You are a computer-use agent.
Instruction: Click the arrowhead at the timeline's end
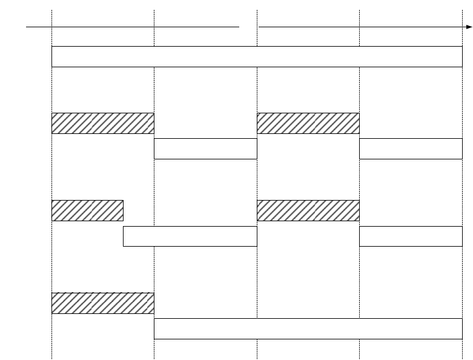point(469,27)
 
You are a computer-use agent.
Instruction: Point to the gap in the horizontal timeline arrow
point(249,27)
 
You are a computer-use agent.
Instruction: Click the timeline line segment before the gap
point(133,27)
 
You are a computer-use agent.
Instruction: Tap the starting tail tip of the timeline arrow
point(26,27)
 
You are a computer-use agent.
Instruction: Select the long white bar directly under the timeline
point(257,56)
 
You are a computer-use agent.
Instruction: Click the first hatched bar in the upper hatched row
point(103,123)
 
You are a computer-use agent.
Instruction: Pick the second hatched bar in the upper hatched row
point(308,123)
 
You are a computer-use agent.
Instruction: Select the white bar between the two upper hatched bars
point(205,148)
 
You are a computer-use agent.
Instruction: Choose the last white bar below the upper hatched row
point(411,148)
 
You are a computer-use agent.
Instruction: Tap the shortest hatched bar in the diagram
point(87,210)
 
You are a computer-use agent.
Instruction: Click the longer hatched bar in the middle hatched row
point(308,210)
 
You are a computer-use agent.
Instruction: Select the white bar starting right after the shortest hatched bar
point(190,236)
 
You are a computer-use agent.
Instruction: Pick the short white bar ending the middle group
point(411,236)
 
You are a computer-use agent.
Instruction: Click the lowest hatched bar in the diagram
point(103,303)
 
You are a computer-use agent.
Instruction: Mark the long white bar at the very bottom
point(308,328)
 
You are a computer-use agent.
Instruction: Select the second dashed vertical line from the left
point(154,91)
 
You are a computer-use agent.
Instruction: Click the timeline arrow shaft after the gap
point(363,27)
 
